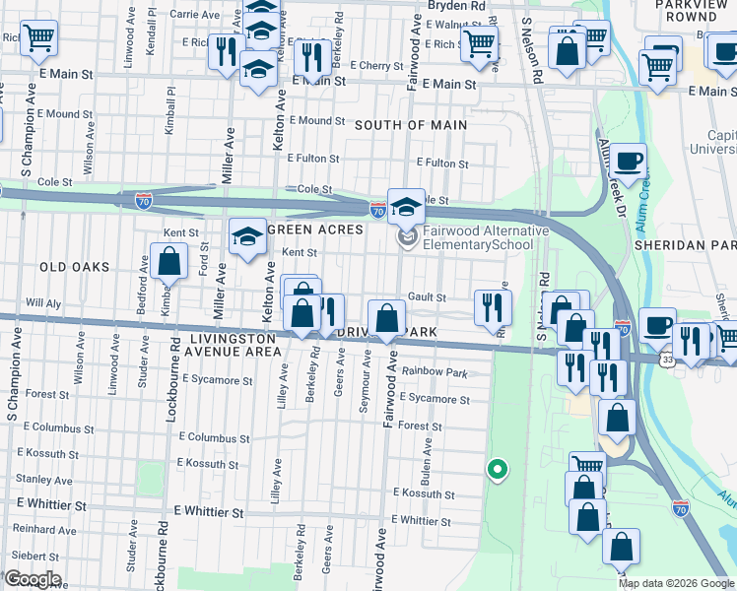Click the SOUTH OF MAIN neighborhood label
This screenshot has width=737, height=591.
click(x=410, y=125)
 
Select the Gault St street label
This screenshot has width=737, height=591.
click(x=427, y=297)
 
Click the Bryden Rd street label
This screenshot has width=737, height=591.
click(x=456, y=6)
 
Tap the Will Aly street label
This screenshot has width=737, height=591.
click(x=43, y=302)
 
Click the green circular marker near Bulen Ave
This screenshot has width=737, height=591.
click(x=499, y=470)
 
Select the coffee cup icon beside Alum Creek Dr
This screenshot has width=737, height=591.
click(x=628, y=159)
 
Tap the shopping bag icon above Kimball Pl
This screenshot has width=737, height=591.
click(x=169, y=262)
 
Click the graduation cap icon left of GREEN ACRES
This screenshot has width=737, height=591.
click(x=248, y=236)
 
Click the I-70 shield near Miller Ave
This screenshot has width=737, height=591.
click(x=144, y=200)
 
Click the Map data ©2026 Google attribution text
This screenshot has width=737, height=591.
click(x=676, y=583)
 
